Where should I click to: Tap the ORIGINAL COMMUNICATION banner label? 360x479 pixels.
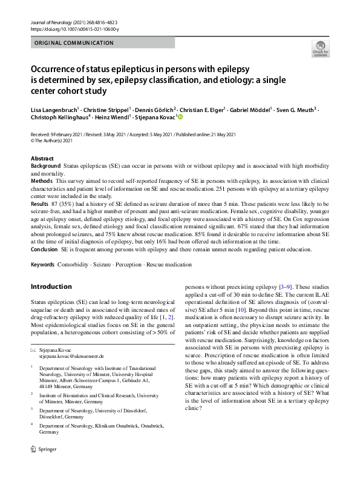[x=74, y=43]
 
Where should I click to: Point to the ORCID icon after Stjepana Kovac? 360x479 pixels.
[x=179, y=117]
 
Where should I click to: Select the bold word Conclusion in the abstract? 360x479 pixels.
[x=44, y=249]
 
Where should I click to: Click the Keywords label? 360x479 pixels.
[x=42, y=265]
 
